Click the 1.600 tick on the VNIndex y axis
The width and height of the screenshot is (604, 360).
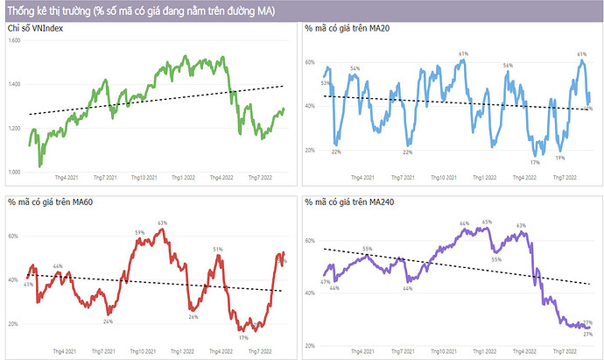[x=14, y=41]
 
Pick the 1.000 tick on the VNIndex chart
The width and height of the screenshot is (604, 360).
[x=14, y=172]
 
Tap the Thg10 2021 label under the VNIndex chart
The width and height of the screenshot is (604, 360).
[x=142, y=178]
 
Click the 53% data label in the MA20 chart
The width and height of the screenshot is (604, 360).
[x=325, y=83]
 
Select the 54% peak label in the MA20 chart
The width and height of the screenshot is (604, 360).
[x=355, y=68]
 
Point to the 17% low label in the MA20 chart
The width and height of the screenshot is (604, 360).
[x=534, y=163]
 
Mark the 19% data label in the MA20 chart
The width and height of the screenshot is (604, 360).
[x=559, y=159]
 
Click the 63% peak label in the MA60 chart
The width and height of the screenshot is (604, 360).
[x=162, y=223]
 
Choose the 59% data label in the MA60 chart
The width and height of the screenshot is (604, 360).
[x=139, y=232]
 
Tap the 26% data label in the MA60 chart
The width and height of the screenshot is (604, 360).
[x=193, y=317]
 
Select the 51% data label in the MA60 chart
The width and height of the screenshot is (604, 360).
[x=219, y=250]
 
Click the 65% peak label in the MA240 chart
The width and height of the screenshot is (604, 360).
[x=487, y=222]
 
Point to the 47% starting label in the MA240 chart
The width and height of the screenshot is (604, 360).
[x=325, y=282]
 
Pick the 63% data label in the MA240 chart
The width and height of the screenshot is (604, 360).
[x=521, y=226]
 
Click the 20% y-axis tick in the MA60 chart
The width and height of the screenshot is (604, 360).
[x=13, y=324]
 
